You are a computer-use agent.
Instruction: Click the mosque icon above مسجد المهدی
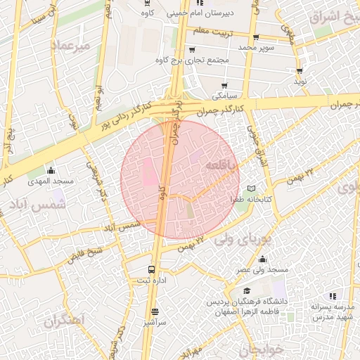(51, 170)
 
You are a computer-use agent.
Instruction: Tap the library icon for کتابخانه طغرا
(252, 189)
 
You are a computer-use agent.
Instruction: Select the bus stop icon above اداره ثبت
(152, 269)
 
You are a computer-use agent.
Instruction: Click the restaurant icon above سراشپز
(155, 311)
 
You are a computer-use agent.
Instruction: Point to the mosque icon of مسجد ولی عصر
(263, 259)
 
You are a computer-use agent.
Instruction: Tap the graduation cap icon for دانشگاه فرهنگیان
(247, 290)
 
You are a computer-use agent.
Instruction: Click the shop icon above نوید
(300, 71)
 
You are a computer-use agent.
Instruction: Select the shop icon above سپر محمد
(256, 37)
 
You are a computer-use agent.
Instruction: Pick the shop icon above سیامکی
(224, 85)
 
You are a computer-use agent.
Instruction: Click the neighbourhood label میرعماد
(71, 46)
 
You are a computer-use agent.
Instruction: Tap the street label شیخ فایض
(85, 254)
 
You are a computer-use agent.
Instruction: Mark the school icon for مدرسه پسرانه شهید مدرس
(333, 296)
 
